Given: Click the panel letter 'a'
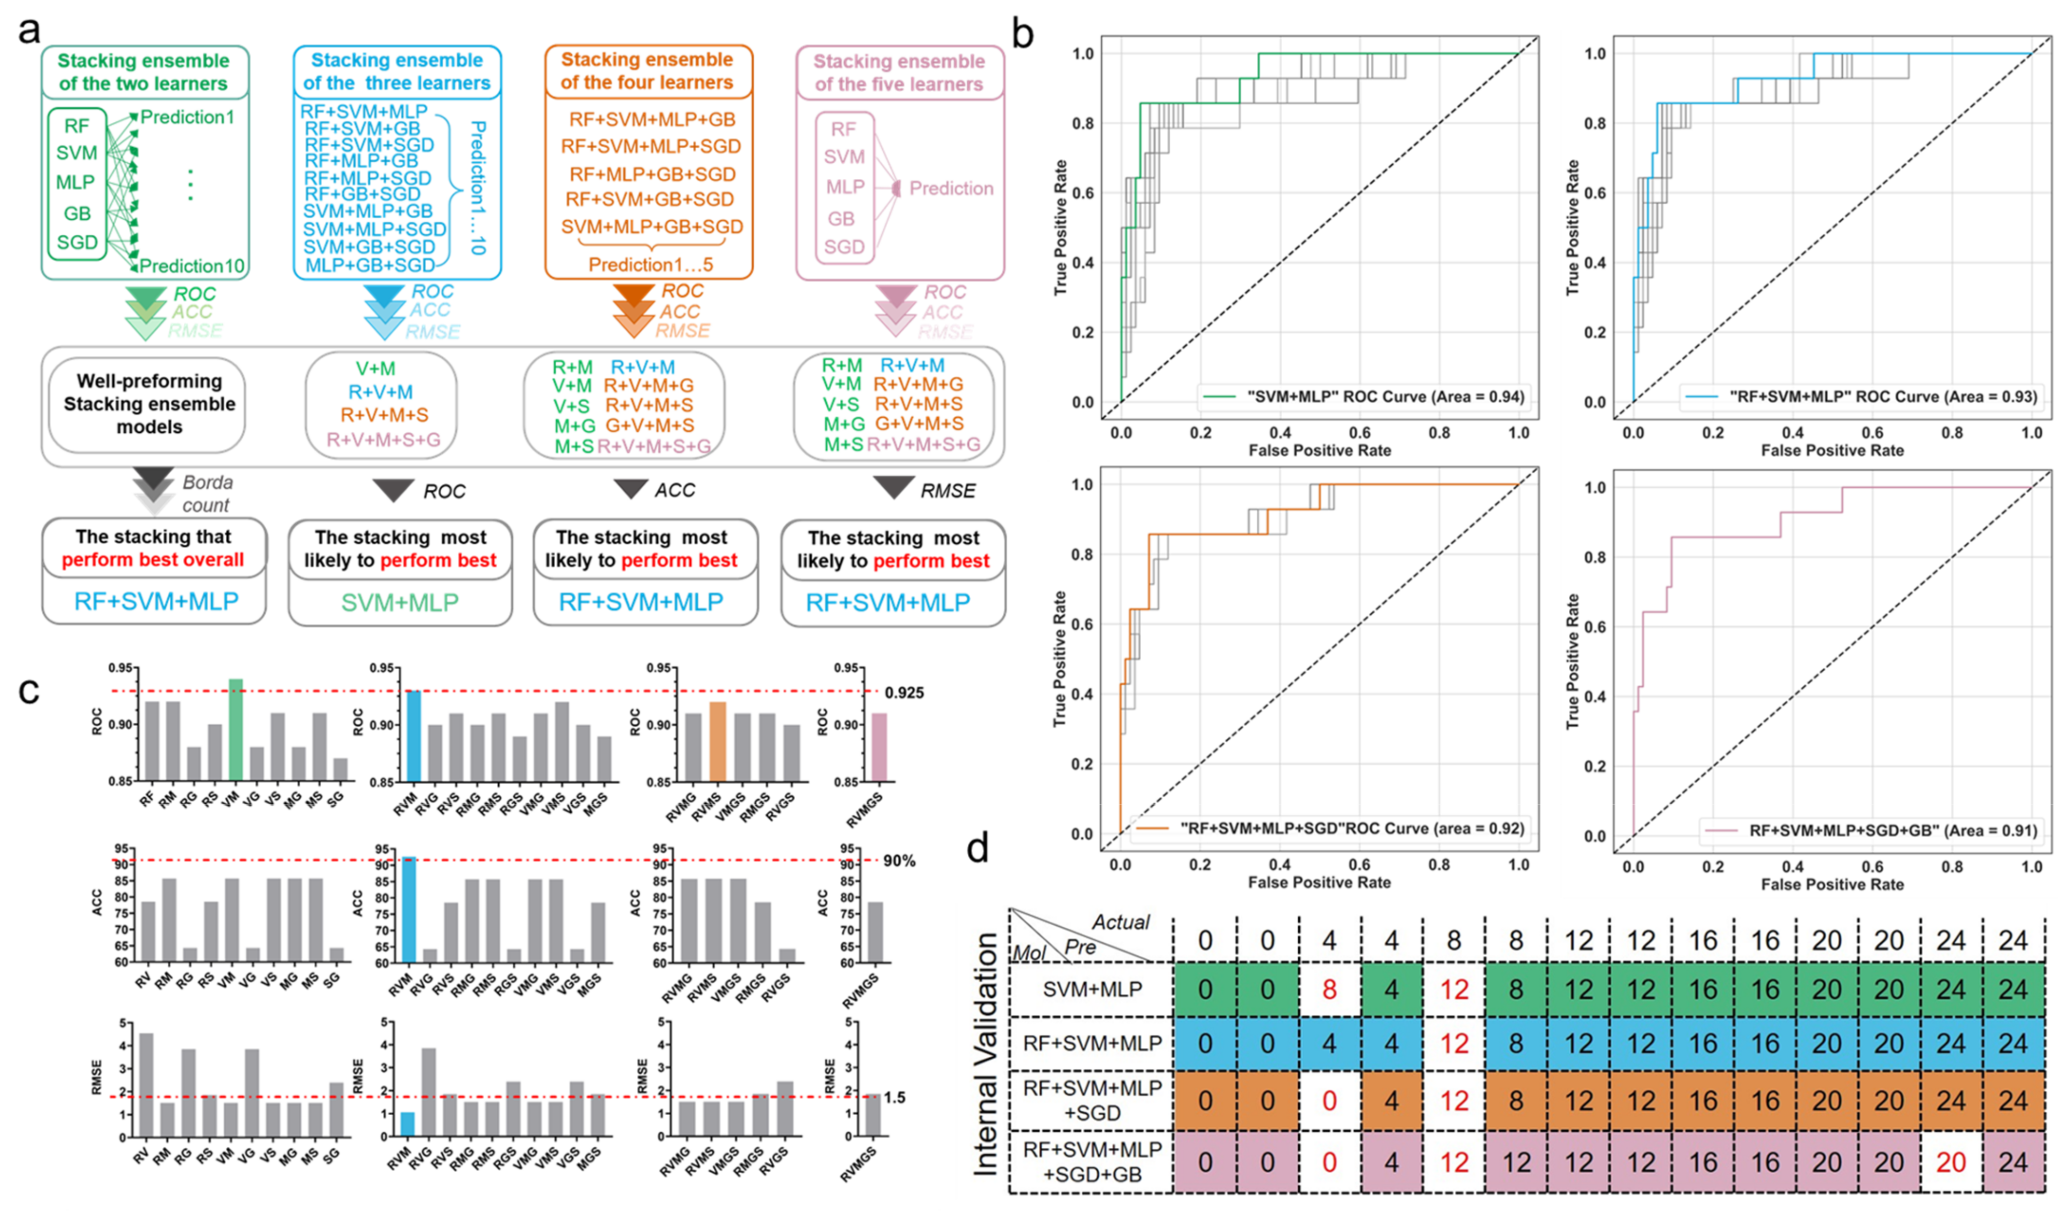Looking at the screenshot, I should tap(30, 31).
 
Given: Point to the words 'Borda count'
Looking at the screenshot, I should tap(207, 493).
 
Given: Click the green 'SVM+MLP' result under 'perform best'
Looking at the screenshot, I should tap(399, 602).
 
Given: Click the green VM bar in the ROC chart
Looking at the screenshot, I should tap(235, 730).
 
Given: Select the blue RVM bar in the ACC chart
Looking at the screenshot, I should tap(409, 909).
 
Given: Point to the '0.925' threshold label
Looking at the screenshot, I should tap(904, 692).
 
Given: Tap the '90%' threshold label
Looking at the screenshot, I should tap(899, 861).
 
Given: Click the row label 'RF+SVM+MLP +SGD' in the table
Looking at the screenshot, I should tap(1093, 1101).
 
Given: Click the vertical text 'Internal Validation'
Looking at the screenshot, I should tap(987, 1055).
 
